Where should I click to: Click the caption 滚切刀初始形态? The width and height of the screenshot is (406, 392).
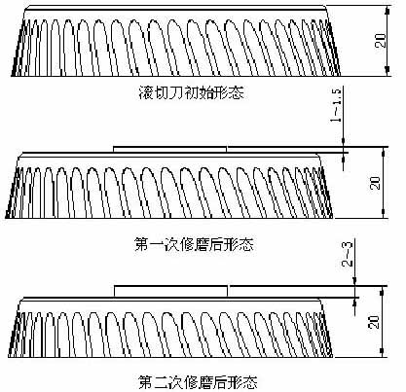click(x=191, y=92)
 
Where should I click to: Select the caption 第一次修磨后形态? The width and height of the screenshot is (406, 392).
click(x=194, y=244)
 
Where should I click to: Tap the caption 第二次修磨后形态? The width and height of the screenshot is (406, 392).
click(x=198, y=381)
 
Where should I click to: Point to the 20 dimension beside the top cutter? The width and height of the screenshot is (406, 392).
click(x=381, y=41)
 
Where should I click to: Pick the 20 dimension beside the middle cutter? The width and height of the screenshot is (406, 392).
click(x=375, y=183)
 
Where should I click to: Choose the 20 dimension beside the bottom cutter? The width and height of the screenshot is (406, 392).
click(x=374, y=322)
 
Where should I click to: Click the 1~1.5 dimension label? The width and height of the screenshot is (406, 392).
click(x=336, y=105)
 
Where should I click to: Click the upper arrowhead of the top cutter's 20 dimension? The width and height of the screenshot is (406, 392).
click(x=388, y=11)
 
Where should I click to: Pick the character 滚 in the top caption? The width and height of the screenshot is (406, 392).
click(x=146, y=92)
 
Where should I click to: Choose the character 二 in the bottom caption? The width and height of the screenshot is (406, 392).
click(x=161, y=382)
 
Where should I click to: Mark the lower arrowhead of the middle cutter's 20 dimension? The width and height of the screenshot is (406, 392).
click(x=384, y=213)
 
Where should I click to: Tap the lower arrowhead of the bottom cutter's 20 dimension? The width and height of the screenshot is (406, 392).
click(x=383, y=352)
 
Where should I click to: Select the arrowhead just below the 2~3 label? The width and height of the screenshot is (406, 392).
click(x=355, y=281)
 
